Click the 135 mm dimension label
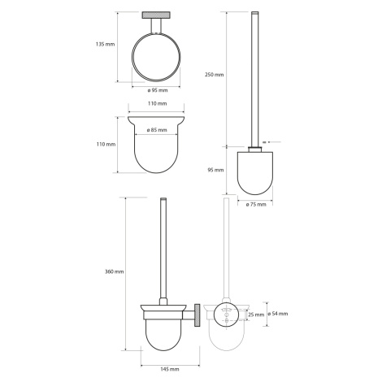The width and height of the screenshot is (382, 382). tap(105, 44)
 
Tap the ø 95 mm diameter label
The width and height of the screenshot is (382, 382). tap(158, 90)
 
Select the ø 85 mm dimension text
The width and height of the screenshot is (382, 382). tap(157, 130)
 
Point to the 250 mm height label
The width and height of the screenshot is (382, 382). tap(215, 75)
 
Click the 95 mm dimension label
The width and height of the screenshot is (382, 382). tap(215, 170)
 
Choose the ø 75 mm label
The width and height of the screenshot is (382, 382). tap(256, 204)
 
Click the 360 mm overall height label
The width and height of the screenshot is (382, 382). tap(114, 271)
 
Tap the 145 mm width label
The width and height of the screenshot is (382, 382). tap(170, 369)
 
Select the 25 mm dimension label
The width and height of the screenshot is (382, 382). tap(256, 315)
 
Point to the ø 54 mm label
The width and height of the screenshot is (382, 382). tap(278, 314)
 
